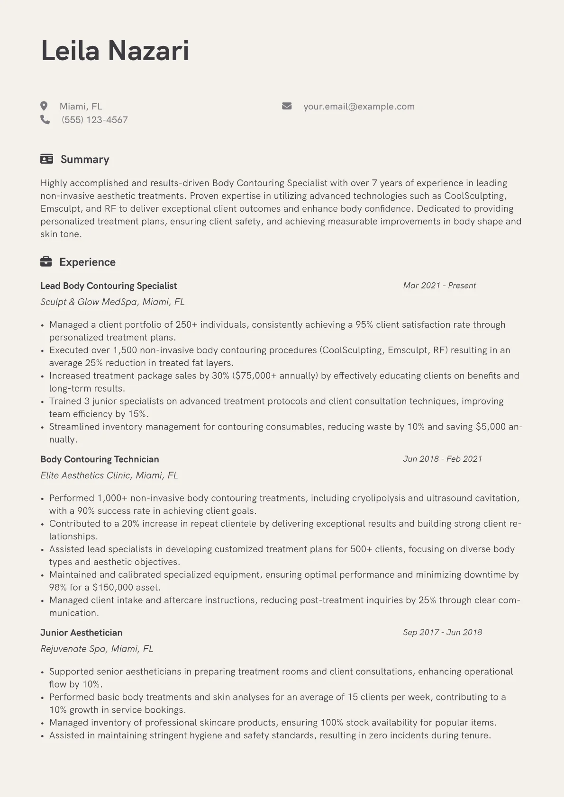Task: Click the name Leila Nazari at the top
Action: [x=115, y=51]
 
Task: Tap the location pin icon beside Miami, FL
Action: [x=44, y=106]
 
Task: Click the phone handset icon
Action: [x=45, y=120]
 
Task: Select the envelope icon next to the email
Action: [x=287, y=106]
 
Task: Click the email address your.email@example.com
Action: [x=359, y=107]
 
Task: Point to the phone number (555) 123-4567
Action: [x=95, y=120]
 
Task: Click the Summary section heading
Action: [x=85, y=160]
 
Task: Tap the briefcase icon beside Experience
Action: [x=46, y=262]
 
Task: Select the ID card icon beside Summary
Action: [x=46, y=159]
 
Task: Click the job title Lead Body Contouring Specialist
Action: [x=109, y=286]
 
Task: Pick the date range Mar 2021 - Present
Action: [x=439, y=286]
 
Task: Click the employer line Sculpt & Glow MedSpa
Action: [x=112, y=302]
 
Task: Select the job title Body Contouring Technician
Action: [x=100, y=459]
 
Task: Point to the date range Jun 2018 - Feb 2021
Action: [x=442, y=459]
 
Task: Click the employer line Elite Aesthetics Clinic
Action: [x=109, y=475]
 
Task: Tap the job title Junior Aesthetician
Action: [x=81, y=633]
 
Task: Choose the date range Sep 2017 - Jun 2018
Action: [x=442, y=632]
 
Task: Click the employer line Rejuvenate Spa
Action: [x=97, y=649]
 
